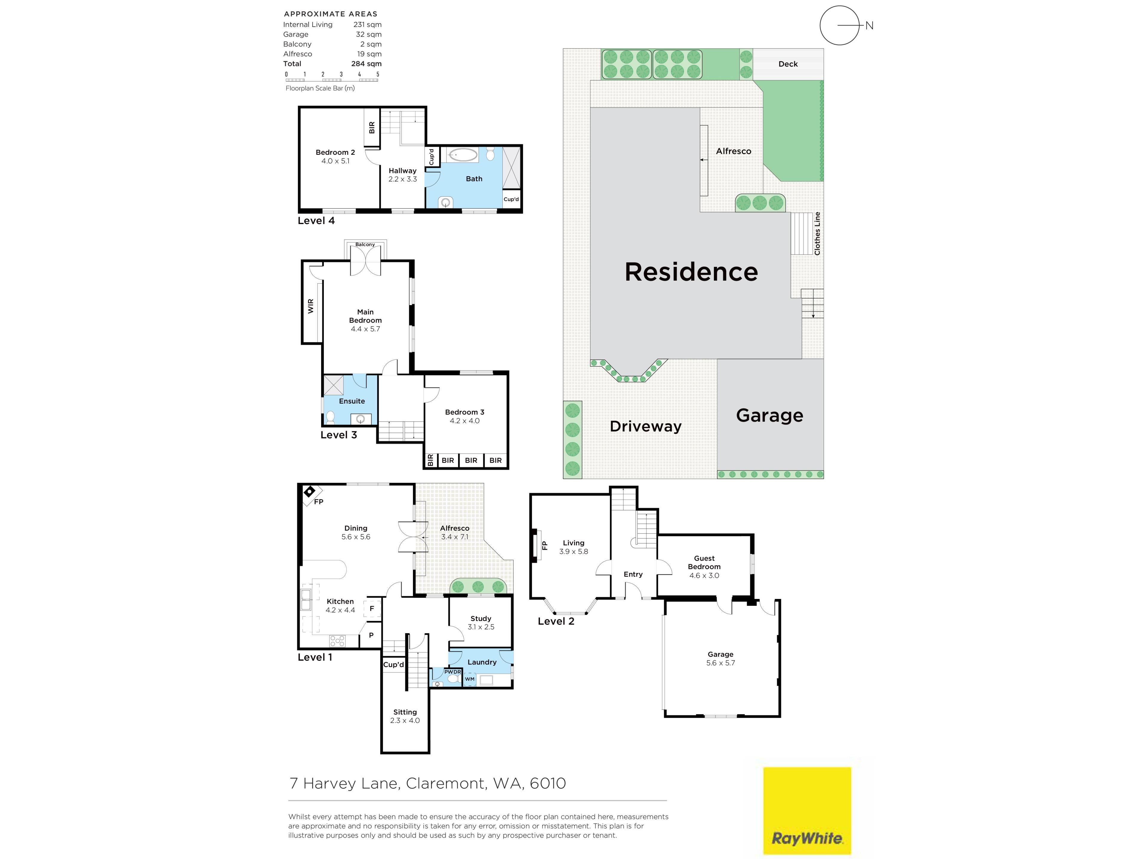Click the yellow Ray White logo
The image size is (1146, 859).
[807, 810]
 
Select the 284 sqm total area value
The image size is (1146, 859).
[366, 64]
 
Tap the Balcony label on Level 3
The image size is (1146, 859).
[365, 244]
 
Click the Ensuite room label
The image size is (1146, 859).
[352, 401]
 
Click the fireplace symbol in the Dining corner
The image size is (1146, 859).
[309, 491]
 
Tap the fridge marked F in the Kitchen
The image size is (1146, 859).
[372, 609]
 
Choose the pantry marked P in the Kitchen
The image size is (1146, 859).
[371, 635]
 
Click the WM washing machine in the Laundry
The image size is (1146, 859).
[469, 679]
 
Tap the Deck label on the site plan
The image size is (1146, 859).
[788, 64]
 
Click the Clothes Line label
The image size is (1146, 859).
[817, 234]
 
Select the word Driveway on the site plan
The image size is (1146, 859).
[646, 426]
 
